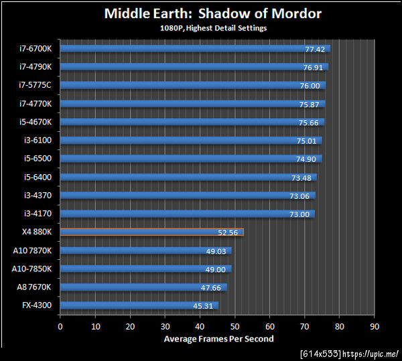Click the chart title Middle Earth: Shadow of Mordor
(212, 13)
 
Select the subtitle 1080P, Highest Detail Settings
(212, 28)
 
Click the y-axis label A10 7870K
(31, 250)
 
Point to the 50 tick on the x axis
(234, 326)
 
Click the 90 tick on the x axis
(374, 326)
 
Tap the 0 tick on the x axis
(60, 326)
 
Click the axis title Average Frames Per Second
(218, 339)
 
